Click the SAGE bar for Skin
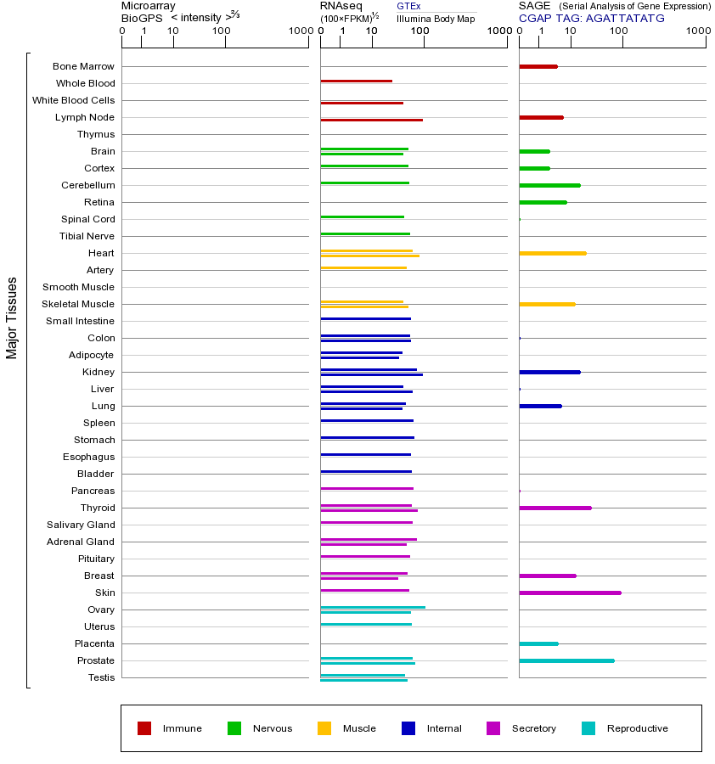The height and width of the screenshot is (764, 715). pyautogui.click(x=570, y=593)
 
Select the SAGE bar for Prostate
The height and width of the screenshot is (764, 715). pyautogui.click(x=566, y=660)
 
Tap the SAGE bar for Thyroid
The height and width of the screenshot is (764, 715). pyautogui.click(x=555, y=508)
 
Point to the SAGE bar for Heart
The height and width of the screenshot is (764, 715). pyautogui.click(x=552, y=253)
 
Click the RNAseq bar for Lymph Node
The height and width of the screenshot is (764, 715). pyautogui.click(x=371, y=120)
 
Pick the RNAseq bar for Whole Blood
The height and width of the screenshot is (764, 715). pyautogui.click(x=356, y=81)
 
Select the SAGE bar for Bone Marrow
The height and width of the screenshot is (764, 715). pyautogui.click(x=538, y=66)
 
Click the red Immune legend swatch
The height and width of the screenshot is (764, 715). pyautogui.click(x=144, y=728)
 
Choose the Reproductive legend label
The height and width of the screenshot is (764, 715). pyautogui.click(x=637, y=728)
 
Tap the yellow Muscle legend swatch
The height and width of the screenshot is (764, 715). pyautogui.click(x=324, y=728)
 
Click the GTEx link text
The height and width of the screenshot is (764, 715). pyautogui.click(x=408, y=6)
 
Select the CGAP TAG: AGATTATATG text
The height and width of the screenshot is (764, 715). pyautogui.click(x=591, y=18)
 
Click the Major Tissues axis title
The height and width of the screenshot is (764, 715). pyautogui.click(x=12, y=317)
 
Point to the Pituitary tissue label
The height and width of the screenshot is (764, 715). pyautogui.click(x=95, y=559)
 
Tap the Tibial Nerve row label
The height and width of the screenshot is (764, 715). pyautogui.click(x=87, y=236)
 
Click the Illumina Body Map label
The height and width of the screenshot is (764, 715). pyautogui.click(x=436, y=18)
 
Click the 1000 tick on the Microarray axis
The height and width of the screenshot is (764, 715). pyautogui.click(x=300, y=31)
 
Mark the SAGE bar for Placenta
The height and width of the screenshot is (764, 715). pyautogui.click(x=538, y=643)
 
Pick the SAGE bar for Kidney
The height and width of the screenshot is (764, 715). pyautogui.click(x=549, y=372)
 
